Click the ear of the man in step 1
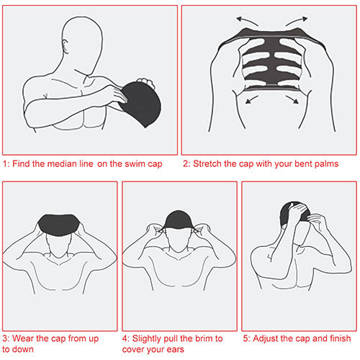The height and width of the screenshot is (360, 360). tap(65, 47)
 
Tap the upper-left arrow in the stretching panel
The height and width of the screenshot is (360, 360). tap(247, 21)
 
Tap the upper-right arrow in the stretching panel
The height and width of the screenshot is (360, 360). tap(297, 21)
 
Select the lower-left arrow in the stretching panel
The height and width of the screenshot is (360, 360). tap(252, 99)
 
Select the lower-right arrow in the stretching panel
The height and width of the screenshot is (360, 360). tap(292, 99)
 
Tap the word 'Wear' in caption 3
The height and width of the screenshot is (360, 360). tap(23, 338)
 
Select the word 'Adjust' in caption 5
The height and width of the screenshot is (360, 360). tap(266, 339)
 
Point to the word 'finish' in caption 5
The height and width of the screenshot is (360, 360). tap(341, 338)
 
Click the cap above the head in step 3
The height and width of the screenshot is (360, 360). tap(59, 225)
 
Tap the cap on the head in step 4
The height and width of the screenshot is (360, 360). tap(179, 220)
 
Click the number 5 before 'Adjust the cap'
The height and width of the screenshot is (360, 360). tap(246, 338)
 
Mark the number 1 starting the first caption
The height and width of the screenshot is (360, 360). tap(5, 164)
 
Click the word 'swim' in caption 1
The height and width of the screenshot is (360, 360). tap(136, 163)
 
